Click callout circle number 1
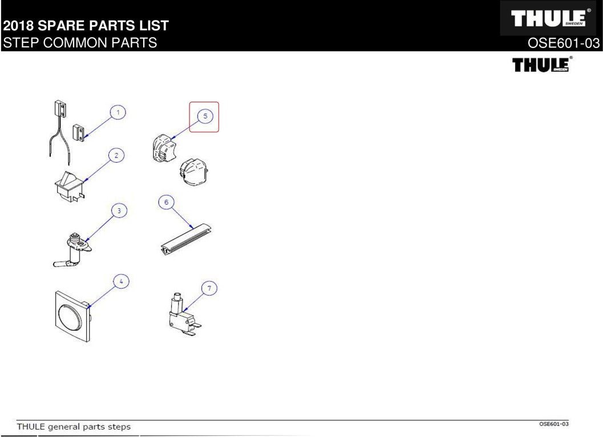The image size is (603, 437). [x=118, y=112]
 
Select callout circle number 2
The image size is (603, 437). [x=116, y=156]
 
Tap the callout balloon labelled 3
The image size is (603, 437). [x=119, y=211]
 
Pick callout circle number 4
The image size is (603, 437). [x=121, y=282]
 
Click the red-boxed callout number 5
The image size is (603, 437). [x=205, y=116]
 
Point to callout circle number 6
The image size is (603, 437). [x=166, y=203]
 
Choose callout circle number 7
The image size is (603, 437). [x=209, y=288]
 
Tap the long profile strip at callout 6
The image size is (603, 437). [x=186, y=239]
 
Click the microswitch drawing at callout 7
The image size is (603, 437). [x=184, y=315]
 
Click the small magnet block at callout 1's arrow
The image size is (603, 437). [x=79, y=133]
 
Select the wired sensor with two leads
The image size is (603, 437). [x=58, y=130]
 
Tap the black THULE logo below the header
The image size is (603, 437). [x=542, y=64]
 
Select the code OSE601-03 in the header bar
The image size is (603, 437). [x=564, y=43]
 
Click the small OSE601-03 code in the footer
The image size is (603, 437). [x=553, y=424]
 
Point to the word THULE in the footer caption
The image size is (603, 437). [x=31, y=427]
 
